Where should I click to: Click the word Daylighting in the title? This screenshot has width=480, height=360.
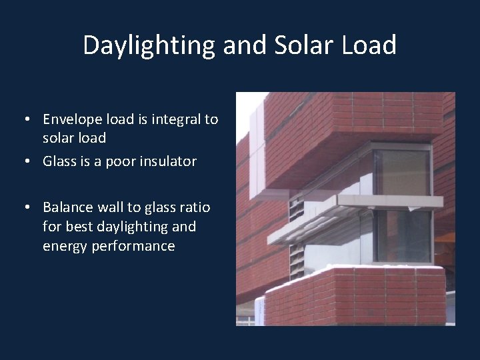[x=149, y=45]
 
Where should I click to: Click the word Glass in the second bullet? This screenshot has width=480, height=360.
[x=59, y=161]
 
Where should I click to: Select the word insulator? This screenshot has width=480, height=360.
[x=167, y=161]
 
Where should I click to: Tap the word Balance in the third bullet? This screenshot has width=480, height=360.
[x=68, y=207]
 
